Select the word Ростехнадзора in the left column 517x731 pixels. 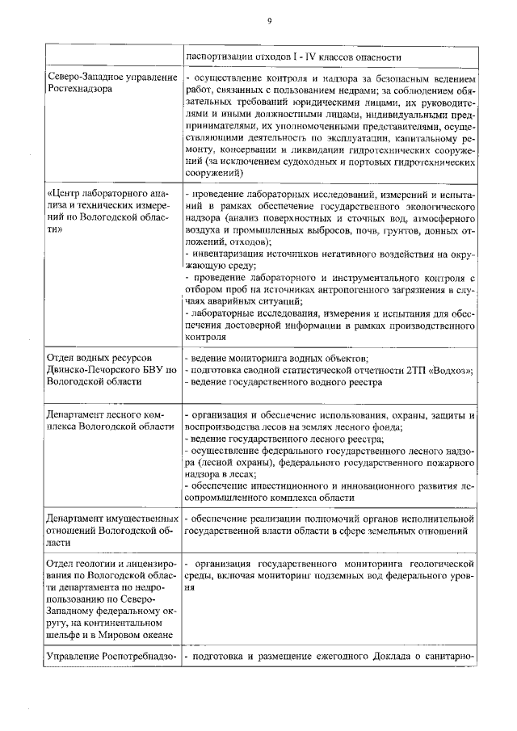(x=80, y=89)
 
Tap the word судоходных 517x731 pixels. (x=339, y=162)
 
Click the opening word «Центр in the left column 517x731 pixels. (x=67, y=195)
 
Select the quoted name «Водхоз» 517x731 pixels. (x=449, y=370)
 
